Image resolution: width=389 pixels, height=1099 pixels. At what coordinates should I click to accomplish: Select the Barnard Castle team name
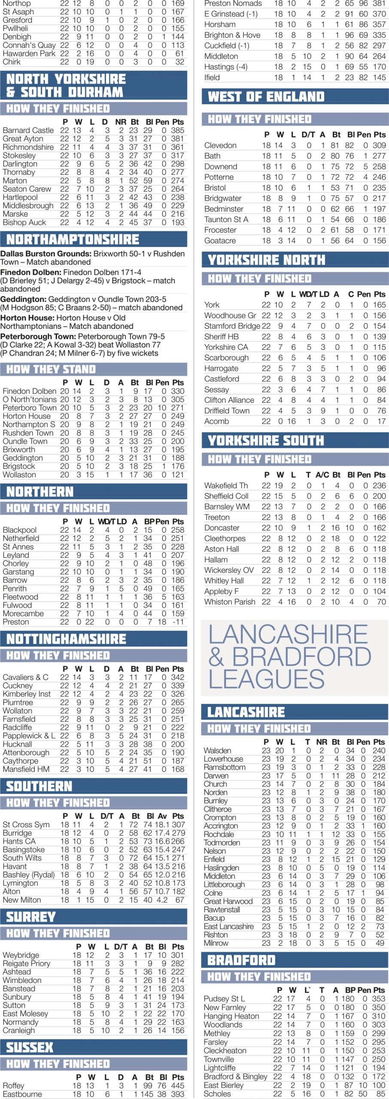pos(28,130)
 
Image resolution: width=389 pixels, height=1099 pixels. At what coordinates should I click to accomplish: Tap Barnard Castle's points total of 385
pos(177,130)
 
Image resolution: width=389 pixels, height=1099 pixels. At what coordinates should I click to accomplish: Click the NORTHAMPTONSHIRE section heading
pos(73,239)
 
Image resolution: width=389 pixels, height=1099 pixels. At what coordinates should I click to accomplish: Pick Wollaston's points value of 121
pos(177,475)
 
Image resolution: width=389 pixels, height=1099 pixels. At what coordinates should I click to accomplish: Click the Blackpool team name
pos(20,530)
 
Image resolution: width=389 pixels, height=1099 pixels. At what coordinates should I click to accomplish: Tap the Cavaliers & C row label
pos(25,677)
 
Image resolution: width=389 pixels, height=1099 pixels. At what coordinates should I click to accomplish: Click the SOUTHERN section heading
pos(40,786)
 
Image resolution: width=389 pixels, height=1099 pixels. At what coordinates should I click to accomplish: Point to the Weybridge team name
pos(21,955)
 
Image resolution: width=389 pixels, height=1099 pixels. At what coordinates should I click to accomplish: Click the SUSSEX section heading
pos(30,1047)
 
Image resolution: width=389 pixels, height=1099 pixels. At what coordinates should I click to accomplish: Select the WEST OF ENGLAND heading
pos(266,97)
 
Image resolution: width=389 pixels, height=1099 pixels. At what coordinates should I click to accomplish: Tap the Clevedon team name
pos(220,145)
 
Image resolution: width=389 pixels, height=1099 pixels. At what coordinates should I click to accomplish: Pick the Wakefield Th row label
pos(226,486)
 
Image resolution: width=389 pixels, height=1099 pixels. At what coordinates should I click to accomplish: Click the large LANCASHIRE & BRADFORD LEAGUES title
pos(289,656)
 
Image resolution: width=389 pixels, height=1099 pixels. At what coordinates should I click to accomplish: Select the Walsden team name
pos(217,750)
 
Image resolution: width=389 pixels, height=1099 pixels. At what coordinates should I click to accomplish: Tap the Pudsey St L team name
pos(224,999)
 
